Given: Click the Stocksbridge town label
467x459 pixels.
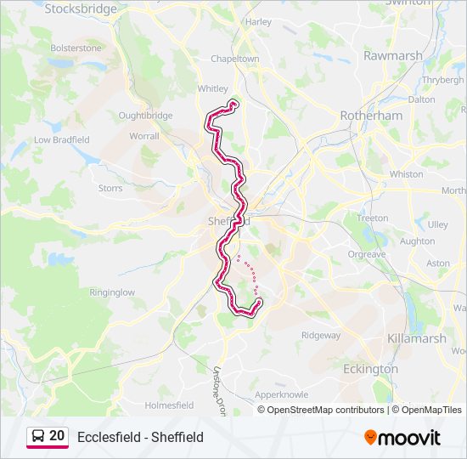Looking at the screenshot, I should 81,8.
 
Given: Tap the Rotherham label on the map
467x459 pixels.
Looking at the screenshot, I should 370,115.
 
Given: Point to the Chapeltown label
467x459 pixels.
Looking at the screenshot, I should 234,59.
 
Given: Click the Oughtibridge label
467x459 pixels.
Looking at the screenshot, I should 145,116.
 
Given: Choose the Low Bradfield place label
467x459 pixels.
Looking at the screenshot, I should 61,139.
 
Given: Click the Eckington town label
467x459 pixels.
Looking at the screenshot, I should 370,369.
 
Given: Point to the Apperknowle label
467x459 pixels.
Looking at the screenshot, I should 281,395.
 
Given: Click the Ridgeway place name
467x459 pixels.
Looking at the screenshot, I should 320,335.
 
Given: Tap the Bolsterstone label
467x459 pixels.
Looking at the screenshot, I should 76,48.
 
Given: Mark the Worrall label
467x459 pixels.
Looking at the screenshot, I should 143,136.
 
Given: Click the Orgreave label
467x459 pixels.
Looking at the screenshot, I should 366,254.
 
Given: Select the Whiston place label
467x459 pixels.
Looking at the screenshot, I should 406,174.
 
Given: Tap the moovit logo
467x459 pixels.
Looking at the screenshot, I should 402,438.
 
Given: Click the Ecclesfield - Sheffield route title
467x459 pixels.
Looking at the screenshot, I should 140,438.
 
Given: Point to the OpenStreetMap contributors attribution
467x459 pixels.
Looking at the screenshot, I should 325,410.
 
